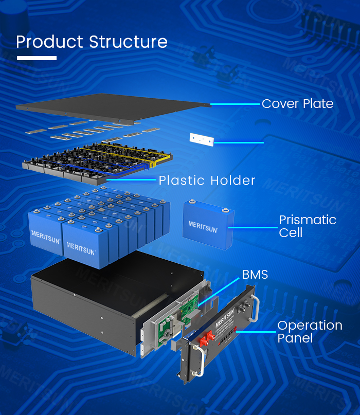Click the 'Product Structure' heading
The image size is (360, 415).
click(x=92, y=42)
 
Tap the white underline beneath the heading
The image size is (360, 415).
click(x=37, y=58)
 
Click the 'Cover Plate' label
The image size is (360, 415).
click(x=298, y=104)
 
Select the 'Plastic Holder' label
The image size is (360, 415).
click(x=207, y=180)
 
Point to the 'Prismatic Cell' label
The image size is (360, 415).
click(x=308, y=226)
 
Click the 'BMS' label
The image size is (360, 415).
click(x=255, y=275)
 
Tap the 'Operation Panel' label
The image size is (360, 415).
click(x=310, y=332)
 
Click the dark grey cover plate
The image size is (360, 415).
click(x=113, y=108)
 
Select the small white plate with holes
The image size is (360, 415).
click(x=202, y=139)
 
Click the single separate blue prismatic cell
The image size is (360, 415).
click(x=208, y=225)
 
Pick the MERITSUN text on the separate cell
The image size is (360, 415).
click(x=203, y=227)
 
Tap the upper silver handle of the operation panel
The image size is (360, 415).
click(x=256, y=308)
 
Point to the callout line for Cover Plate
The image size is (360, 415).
click(x=236, y=104)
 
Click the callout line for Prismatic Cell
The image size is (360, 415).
click(x=253, y=227)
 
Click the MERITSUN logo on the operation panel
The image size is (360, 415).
click(x=225, y=317)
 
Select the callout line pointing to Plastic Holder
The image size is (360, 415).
click(x=131, y=179)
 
